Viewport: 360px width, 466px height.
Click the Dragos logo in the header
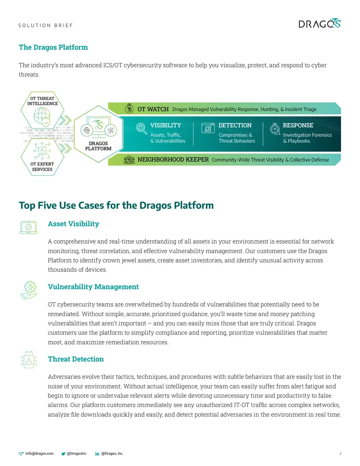pos(319,23)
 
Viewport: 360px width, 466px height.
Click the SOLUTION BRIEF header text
pos(45,26)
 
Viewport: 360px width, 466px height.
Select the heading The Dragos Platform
pos(53,47)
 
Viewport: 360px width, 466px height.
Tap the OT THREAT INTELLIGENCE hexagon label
pos(42,101)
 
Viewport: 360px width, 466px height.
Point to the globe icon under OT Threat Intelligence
pos(41,117)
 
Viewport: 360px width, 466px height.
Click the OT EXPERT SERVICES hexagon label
pos(42,167)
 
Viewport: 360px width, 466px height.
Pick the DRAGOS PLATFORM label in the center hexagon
pos(98,146)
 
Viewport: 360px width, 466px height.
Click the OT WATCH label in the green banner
pos(153,109)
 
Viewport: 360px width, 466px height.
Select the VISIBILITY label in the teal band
pos(166,126)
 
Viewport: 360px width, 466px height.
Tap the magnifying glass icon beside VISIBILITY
pos(141,128)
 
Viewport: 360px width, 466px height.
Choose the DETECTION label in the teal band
pos(235,126)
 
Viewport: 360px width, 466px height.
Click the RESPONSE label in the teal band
pos(298,126)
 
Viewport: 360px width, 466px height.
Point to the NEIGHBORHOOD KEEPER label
pos(173,159)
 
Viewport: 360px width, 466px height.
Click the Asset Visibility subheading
pos(73,224)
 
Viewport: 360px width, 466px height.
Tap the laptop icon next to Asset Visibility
pos(28,228)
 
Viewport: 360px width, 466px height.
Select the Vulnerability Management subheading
pos(93,287)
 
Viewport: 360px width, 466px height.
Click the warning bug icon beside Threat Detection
pos(29,360)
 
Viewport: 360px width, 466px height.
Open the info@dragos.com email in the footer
pos(40,453)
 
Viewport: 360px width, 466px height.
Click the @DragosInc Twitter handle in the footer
pos(76,453)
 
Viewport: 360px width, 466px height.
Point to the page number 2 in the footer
pos(340,453)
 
